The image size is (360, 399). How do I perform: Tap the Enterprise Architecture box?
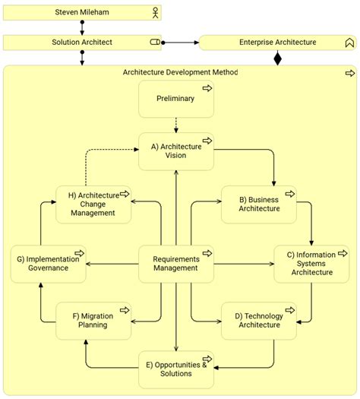pos(277,43)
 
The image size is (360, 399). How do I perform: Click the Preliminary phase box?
pos(175,99)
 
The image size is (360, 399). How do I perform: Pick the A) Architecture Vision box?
pos(175,150)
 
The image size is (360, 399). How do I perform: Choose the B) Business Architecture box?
pos(258,204)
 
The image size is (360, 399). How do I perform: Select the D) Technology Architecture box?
pos(258,320)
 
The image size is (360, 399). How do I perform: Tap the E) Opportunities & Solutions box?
pos(175,369)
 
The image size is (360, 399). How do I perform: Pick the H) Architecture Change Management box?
pos(93,204)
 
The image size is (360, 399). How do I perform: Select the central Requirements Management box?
pos(175,263)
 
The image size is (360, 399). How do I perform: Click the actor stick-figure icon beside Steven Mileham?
pos(156,13)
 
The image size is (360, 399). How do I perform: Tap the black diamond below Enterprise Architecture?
pos(277,58)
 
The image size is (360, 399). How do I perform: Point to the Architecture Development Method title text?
pos(180,73)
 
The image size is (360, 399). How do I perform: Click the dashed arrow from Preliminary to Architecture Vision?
pos(175,125)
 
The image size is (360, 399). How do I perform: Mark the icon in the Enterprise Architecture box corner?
pos(349,43)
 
